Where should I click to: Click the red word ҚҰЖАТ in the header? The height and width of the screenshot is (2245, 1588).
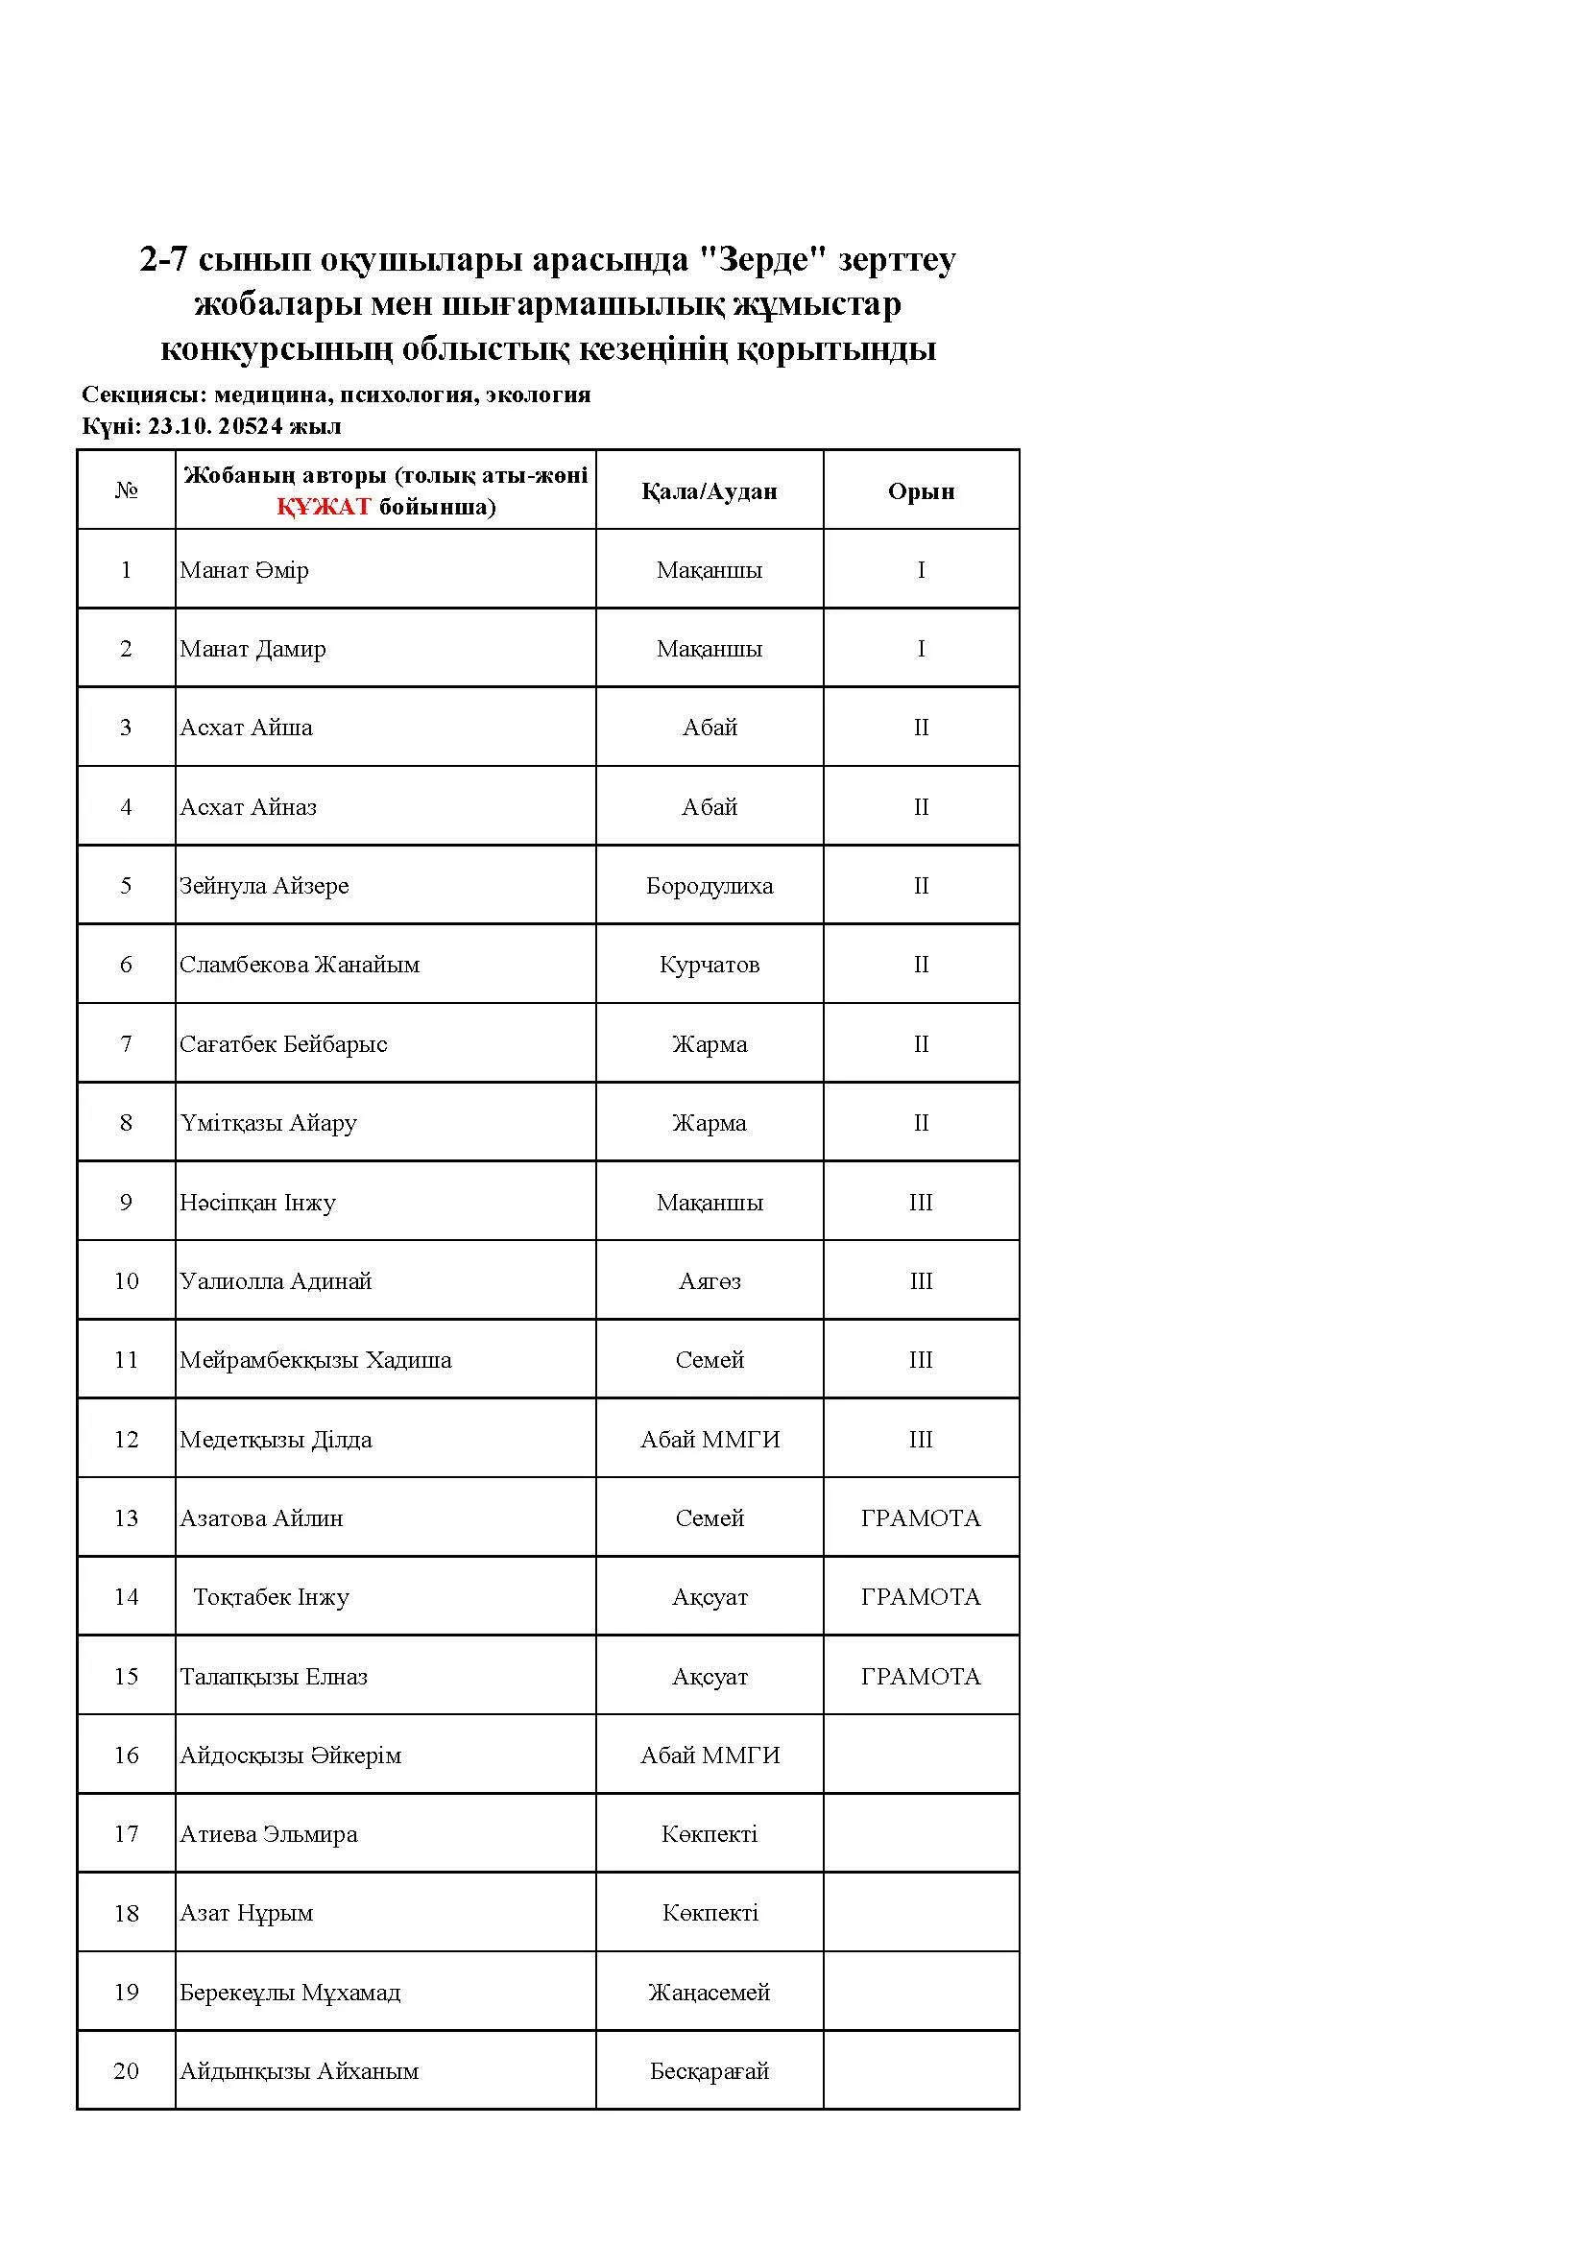(x=323, y=507)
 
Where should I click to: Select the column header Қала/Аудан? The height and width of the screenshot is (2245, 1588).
(x=709, y=490)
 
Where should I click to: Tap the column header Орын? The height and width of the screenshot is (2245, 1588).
(x=920, y=490)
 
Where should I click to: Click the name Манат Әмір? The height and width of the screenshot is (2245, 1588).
(x=244, y=570)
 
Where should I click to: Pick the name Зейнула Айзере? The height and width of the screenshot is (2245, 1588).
(x=263, y=886)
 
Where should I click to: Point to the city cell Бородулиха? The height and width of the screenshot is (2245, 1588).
(x=709, y=886)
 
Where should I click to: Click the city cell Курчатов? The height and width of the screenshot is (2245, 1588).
(x=709, y=965)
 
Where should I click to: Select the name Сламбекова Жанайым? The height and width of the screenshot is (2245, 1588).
(x=299, y=965)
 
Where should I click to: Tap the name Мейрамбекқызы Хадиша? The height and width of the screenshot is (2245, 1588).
(x=315, y=1360)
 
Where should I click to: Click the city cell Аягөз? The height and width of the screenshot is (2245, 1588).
(x=709, y=1281)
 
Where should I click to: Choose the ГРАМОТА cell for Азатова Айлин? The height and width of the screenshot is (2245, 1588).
(x=920, y=1518)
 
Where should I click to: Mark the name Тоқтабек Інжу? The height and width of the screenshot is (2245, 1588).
(x=271, y=1598)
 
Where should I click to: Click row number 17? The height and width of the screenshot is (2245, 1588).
(x=126, y=1834)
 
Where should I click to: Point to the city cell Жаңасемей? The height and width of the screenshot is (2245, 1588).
(x=709, y=1993)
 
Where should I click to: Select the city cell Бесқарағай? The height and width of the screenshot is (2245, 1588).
(x=709, y=2071)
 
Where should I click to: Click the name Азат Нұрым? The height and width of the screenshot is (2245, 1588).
(x=246, y=1914)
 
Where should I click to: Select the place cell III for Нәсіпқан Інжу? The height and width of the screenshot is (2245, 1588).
(x=920, y=1203)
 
